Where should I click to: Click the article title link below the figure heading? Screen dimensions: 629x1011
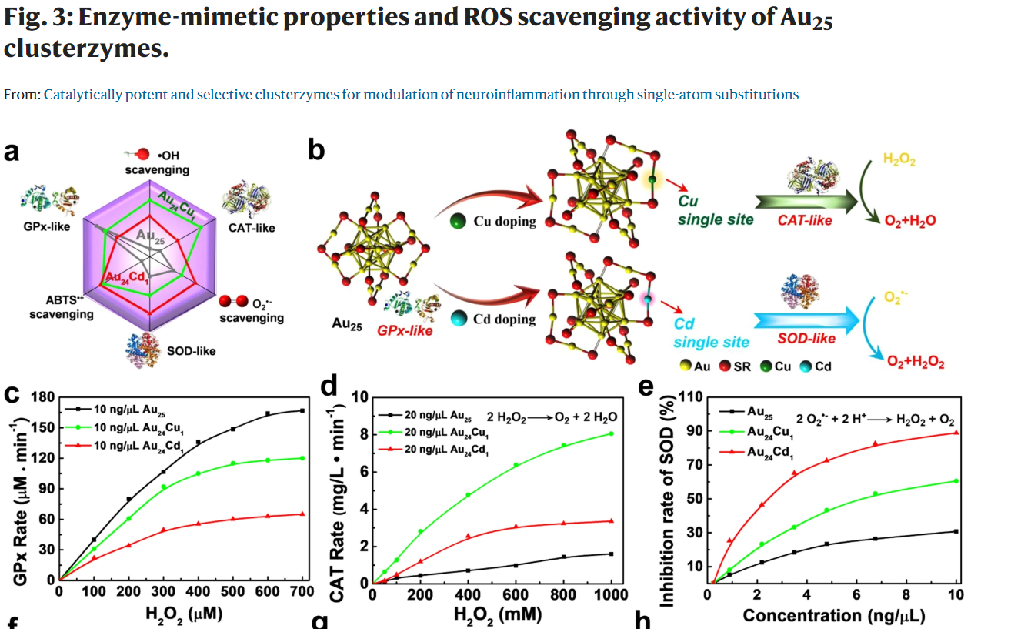tap(421, 95)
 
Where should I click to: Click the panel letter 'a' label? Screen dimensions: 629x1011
tap(12, 152)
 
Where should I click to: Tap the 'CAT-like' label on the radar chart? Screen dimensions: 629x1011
tap(252, 228)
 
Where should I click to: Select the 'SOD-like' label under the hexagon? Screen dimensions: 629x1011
tap(192, 351)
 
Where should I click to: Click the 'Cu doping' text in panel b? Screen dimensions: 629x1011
tap(505, 222)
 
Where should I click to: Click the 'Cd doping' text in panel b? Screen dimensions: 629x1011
tap(505, 318)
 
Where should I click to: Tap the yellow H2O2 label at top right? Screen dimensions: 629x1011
tap(899, 160)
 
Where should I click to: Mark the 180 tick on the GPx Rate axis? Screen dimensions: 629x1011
tap(42, 397)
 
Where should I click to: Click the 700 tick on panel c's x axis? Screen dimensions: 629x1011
tap(302, 591)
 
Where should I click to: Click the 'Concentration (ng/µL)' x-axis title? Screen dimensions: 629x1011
tap(833, 615)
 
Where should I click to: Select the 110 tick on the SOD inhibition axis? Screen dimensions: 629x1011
tap(694, 397)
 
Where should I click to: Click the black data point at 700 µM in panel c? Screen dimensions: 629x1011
tap(302, 411)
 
